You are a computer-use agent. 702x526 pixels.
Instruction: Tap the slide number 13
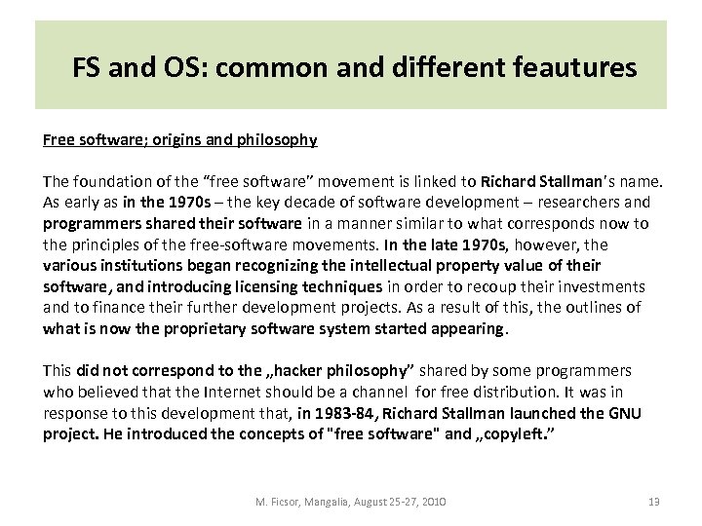(654, 503)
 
